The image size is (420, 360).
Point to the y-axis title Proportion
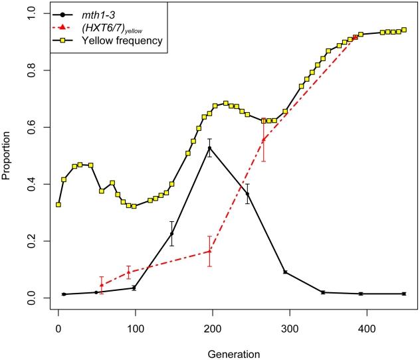8,157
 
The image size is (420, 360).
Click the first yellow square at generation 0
58,205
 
